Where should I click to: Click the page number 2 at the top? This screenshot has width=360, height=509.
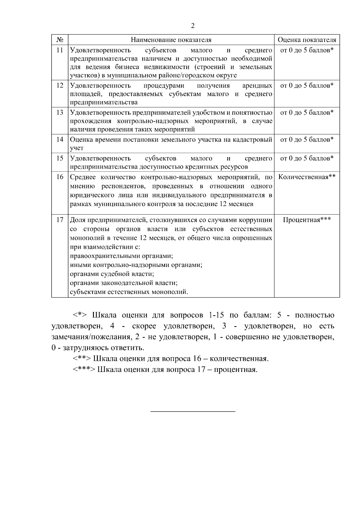pos(193,26)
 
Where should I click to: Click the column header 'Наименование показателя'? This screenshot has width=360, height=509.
pos(171,40)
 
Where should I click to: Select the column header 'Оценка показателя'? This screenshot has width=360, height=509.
pos(307,40)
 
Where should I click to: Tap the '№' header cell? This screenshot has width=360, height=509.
pos(60,40)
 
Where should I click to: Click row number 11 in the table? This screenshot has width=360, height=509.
pos(60,50)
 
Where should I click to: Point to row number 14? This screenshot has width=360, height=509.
pos(60,139)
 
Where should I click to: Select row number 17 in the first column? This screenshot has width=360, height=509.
pos(60,220)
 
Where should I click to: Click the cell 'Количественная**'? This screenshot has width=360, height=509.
pos(307,177)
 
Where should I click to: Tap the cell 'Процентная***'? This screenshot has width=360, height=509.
pos(307,220)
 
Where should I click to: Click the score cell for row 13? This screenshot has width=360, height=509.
pos(307,113)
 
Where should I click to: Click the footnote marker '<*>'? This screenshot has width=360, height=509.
pos(80,316)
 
